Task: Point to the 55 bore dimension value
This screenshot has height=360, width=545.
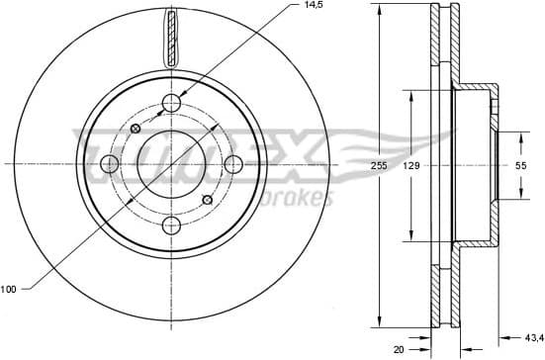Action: (518, 168)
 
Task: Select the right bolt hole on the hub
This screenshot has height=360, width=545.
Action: (233, 164)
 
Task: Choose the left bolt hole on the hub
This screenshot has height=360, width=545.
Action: (111, 164)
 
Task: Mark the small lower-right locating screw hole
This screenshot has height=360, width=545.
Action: (207, 201)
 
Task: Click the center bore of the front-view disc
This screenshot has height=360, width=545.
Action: (172, 164)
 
